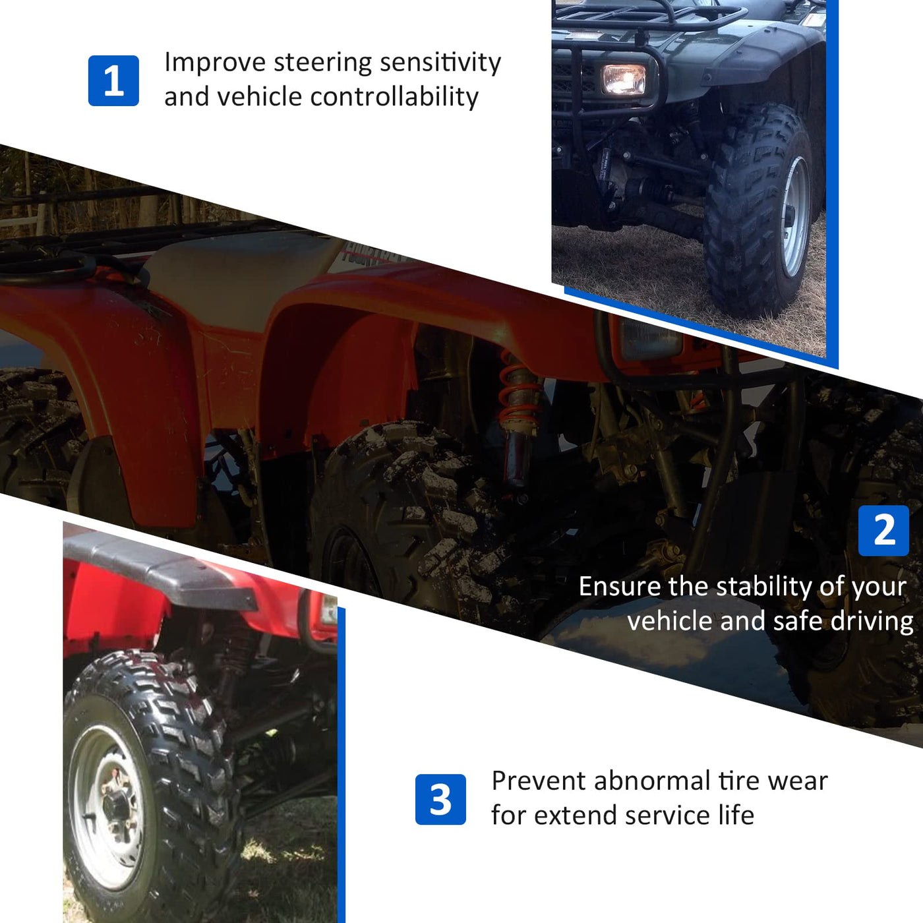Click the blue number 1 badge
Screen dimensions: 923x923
(x=113, y=80)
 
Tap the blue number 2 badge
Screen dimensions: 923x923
(x=883, y=530)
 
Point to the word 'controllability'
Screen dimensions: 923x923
(x=395, y=97)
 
